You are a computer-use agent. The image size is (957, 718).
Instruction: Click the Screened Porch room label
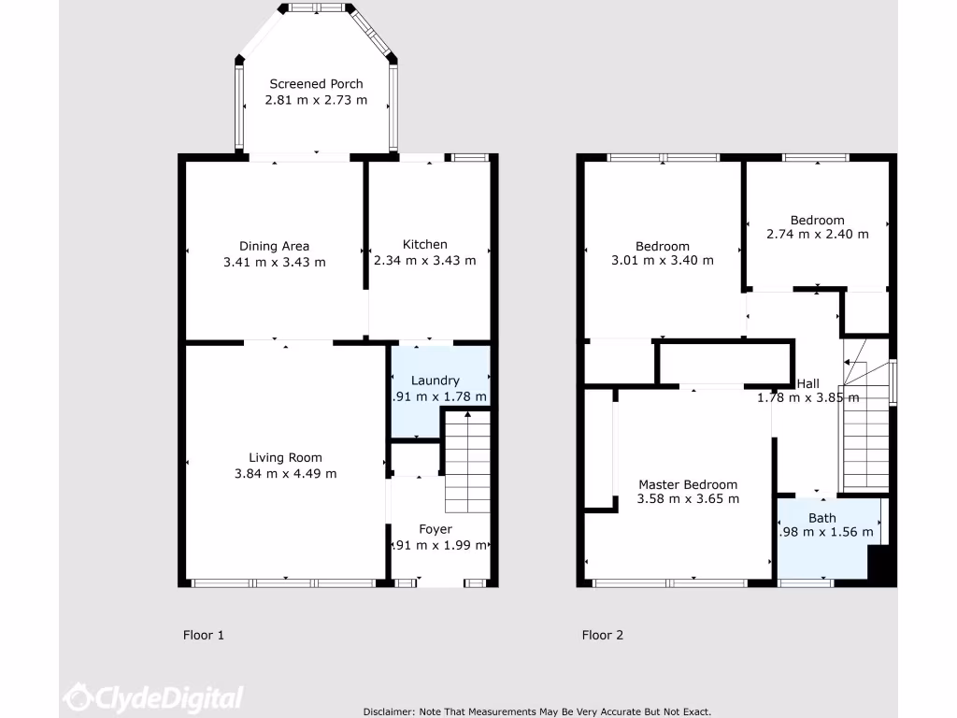coord(316,84)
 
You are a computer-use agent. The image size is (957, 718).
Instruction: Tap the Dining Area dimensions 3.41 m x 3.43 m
coord(274,262)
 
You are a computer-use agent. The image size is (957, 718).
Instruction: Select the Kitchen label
coord(424,245)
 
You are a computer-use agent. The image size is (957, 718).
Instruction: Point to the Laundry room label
coord(435,381)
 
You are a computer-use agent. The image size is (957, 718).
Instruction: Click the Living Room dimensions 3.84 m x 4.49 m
coord(285,473)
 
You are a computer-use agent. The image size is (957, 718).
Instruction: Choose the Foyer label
coord(435,529)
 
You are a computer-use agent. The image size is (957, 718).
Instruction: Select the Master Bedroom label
coord(687,484)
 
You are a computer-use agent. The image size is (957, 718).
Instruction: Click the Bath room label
coord(822,518)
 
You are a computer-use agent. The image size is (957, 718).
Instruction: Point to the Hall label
coord(807,383)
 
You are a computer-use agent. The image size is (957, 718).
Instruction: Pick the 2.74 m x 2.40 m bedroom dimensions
coord(817,234)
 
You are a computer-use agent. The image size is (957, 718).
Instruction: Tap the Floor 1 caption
coord(203,636)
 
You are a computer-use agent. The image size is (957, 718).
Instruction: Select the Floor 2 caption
coord(602,636)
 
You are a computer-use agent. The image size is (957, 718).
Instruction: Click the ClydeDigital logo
coord(153,697)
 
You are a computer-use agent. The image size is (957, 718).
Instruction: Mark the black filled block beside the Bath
coord(881,566)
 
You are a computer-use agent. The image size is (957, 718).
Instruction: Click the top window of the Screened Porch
coord(316,7)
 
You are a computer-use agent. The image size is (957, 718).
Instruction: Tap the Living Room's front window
coord(284,583)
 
